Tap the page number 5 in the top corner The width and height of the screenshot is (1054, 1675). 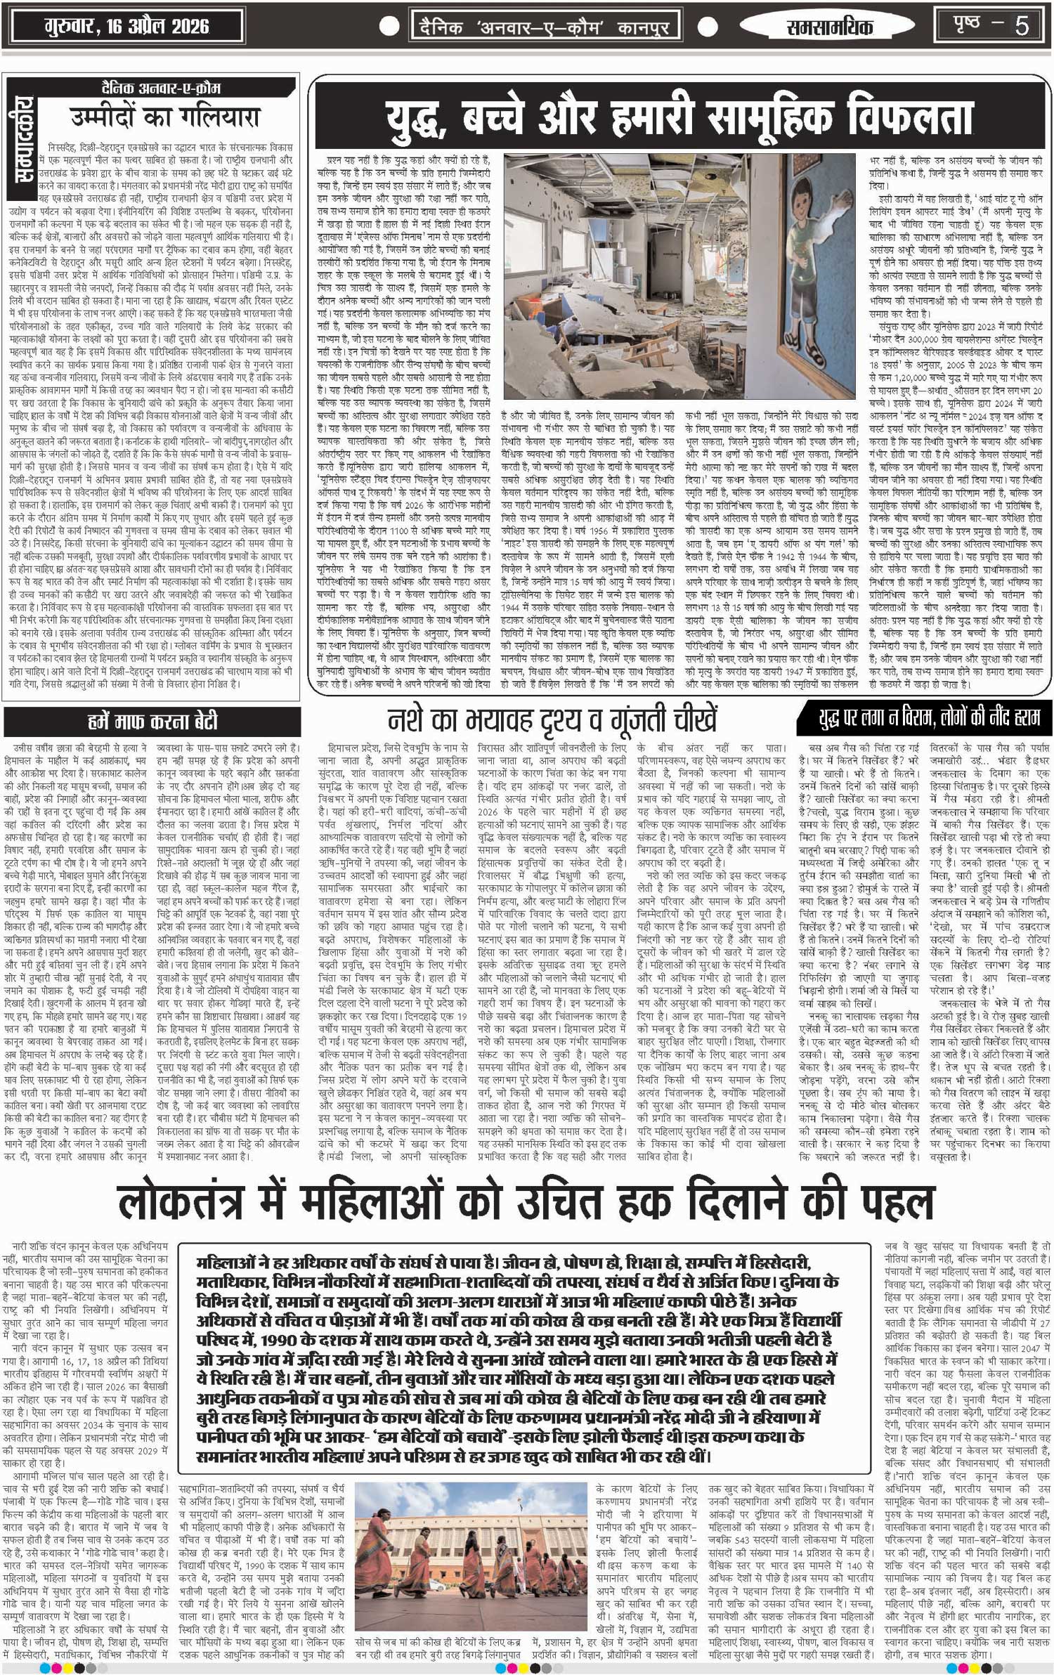1021,26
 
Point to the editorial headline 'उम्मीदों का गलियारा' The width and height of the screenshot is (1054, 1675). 165,116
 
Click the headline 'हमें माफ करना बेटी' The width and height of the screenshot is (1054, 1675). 152,722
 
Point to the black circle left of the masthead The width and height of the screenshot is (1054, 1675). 389,27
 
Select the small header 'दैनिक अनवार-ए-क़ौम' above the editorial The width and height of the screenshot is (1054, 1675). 161,89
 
